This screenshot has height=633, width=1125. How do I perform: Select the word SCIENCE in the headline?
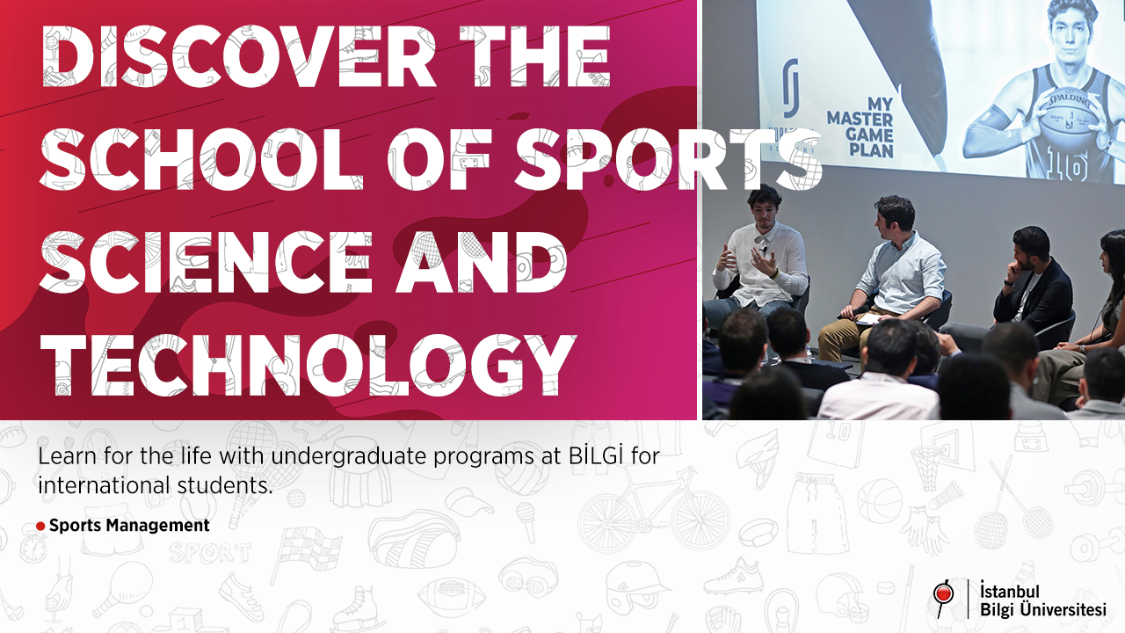coord(206,261)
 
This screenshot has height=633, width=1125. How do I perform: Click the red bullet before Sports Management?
coord(40,527)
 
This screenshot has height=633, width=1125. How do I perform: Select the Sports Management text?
coord(129,526)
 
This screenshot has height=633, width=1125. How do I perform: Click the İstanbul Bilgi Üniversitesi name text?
coord(1042,600)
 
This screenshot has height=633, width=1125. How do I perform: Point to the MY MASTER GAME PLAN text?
coord(860,127)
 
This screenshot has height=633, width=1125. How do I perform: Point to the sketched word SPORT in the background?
coord(209,553)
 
